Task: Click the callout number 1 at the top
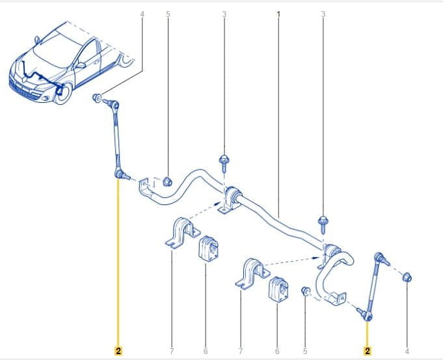click(278, 14)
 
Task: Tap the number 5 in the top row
click(168, 14)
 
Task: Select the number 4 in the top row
click(142, 14)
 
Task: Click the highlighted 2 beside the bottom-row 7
click(118, 351)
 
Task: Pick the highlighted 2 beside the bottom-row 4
click(368, 351)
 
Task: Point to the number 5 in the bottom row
click(305, 352)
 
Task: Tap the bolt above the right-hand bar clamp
click(323, 224)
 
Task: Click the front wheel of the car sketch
click(62, 93)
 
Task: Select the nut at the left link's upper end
click(97, 98)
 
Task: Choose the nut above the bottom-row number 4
click(407, 277)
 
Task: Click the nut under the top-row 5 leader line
click(167, 182)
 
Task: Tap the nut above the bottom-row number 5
click(305, 291)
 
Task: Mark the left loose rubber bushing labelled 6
click(209, 249)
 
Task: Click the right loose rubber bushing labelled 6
click(278, 289)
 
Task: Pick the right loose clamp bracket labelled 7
click(252, 273)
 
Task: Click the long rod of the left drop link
click(116, 138)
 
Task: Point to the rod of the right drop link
click(373, 286)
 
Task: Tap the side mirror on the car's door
click(81, 65)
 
